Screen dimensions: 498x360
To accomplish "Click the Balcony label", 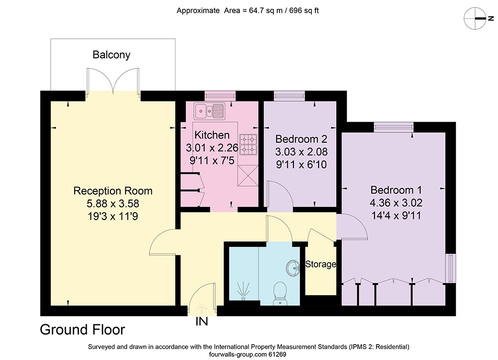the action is point(111,55).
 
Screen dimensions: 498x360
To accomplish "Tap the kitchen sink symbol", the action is point(209,111).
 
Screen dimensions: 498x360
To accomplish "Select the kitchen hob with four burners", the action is point(248,145).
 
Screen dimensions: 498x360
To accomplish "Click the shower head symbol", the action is point(244,290).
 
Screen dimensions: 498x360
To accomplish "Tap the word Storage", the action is point(321,264).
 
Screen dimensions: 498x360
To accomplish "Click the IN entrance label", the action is point(202,321).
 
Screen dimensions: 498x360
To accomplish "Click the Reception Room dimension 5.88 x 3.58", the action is point(113,203).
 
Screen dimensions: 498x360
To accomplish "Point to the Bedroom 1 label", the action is point(396,190).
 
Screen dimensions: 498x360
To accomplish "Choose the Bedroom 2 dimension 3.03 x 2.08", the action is point(301,152).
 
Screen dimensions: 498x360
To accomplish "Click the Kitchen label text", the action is point(212,135).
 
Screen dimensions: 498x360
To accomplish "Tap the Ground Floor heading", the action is point(82,330).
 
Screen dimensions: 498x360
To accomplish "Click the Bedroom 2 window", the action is point(289,96).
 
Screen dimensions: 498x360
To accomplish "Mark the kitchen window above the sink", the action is point(220,96).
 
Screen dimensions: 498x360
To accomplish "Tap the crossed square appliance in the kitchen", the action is point(248,175).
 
